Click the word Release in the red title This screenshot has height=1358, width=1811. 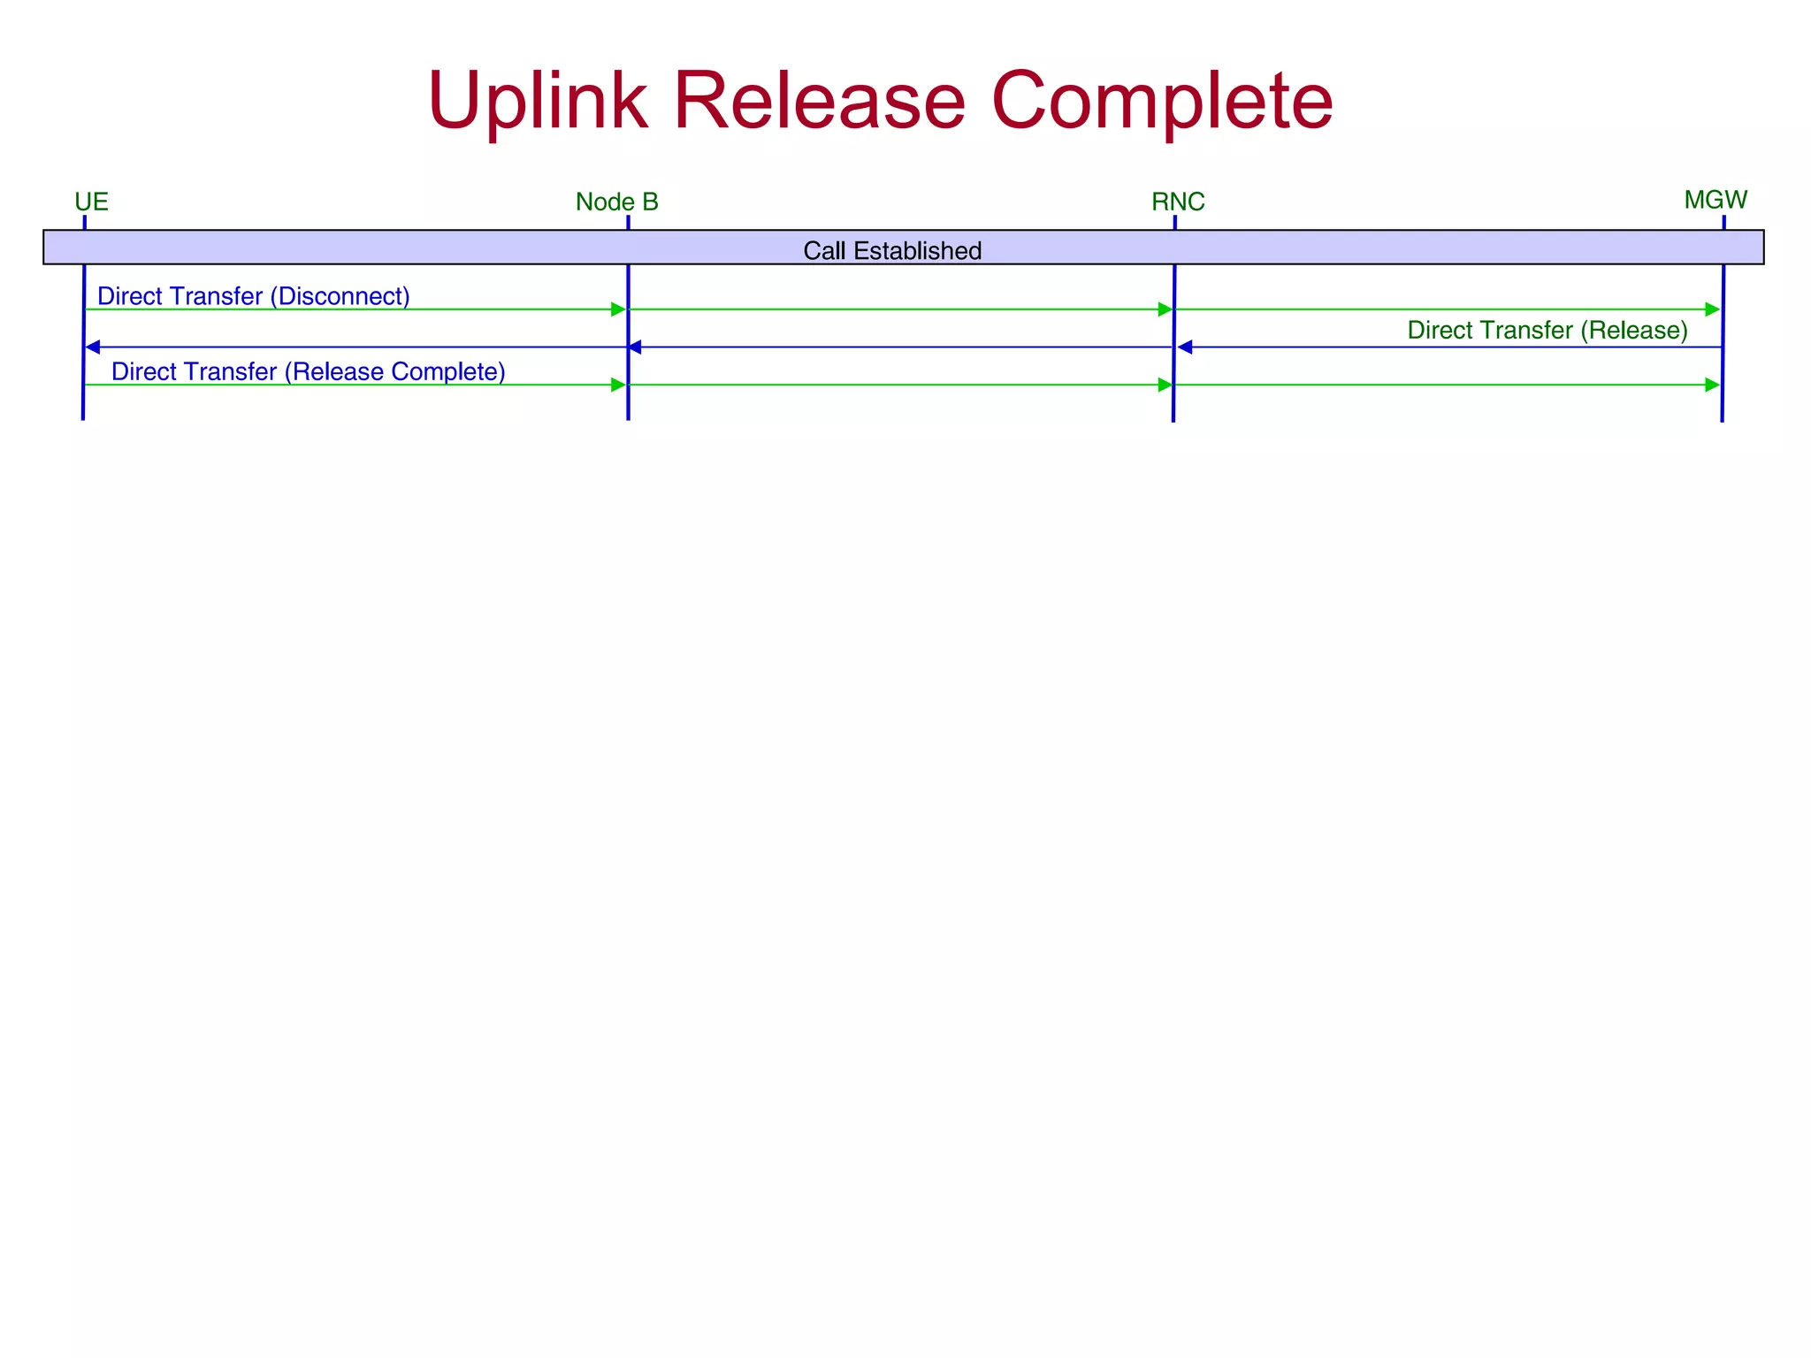tap(819, 101)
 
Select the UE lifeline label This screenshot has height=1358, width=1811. tap(91, 202)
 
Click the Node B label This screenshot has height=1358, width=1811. tap(616, 202)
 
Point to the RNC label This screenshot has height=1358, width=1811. tap(1177, 202)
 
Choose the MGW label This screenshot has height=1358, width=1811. tap(1715, 200)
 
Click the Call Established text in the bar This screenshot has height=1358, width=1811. tap(891, 251)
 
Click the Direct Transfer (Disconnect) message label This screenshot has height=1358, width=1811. tap(253, 296)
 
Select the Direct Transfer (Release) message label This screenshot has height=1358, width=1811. tap(1547, 331)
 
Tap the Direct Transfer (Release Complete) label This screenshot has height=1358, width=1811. tap(308, 371)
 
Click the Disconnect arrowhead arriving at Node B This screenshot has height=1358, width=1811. tap(618, 309)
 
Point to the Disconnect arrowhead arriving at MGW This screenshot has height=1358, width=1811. tap(1712, 309)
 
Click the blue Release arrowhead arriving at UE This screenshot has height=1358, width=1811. tap(93, 347)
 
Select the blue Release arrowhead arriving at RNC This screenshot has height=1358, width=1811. tap(1186, 347)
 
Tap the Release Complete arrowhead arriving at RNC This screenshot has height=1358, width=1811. tap(1165, 385)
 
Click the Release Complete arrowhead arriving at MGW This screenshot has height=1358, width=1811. tap(1712, 385)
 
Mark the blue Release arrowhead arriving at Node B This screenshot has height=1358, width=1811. tap(635, 347)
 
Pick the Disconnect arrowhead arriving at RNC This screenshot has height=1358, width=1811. tap(1165, 309)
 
